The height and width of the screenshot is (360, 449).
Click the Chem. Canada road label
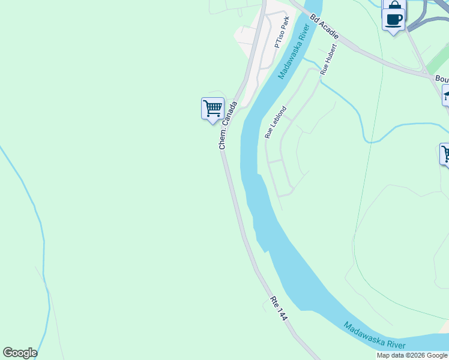tap(228, 125)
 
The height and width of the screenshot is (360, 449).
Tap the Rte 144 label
tap(279, 308)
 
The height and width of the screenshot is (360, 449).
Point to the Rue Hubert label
tap(329, 59)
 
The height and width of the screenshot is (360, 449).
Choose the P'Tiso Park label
tap(282, 33)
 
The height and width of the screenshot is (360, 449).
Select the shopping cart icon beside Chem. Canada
tap(212, 109)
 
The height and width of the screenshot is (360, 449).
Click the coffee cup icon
tap(394, 19)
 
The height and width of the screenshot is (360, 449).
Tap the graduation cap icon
tap(446, 95)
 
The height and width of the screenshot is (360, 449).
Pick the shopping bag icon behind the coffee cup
tap(394, 5)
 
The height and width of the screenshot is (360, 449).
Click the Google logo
tap(20, 353)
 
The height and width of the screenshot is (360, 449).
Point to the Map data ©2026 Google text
tap(412, 355)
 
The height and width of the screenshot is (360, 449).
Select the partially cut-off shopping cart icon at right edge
tap(445, 154)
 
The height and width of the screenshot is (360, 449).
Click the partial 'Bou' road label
tap(442, 79)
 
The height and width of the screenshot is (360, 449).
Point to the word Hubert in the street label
tap(330, 55)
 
